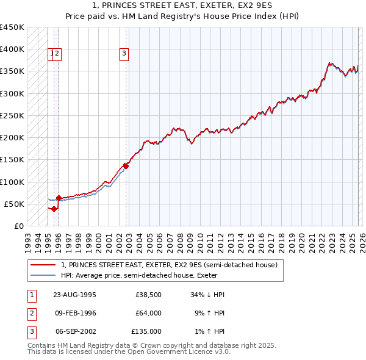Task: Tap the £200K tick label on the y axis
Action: coord(12,138)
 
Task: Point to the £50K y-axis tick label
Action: coord(14,204)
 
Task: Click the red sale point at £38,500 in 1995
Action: coord(54,209)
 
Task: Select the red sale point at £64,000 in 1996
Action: coord(59,198)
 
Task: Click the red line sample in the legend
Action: coord(43,265)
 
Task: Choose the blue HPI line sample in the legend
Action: coord(43,275)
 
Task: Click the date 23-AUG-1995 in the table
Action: coord(74,295)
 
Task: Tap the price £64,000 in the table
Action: coord(148,313)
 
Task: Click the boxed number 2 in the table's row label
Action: coord(30,313)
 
